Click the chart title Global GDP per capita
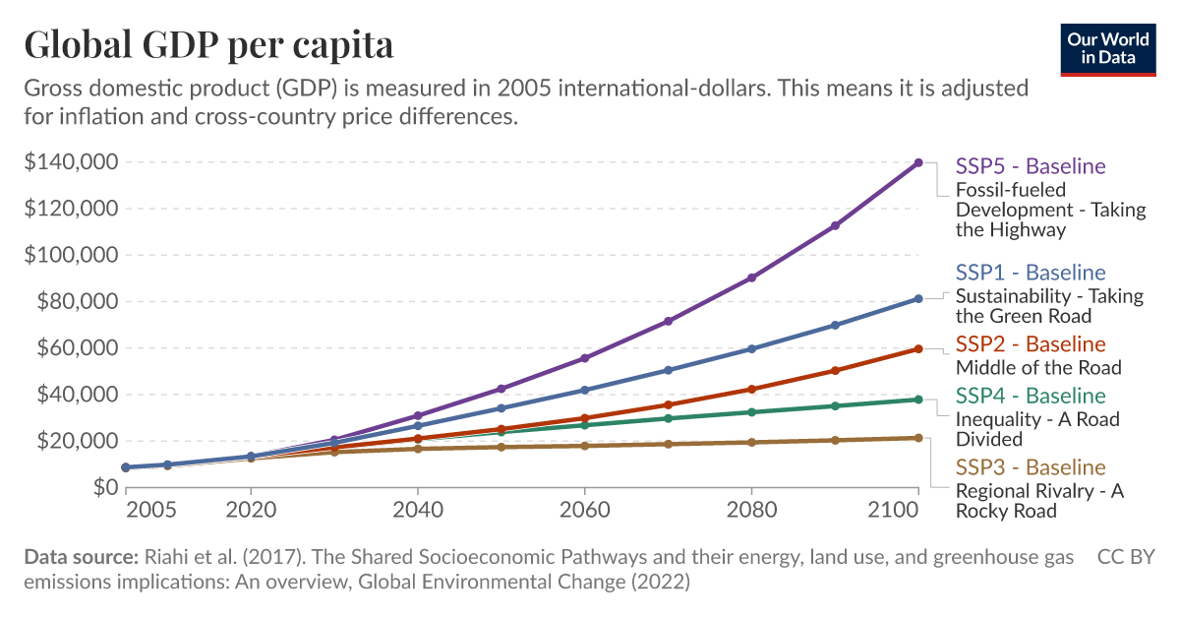coord(208,45)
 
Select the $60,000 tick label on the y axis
coord(75,348)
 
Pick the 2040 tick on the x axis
coord(418,512)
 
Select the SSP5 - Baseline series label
coord(1031,166)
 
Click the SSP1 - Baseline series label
coord(1031,273)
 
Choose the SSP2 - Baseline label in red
coord(1031,344)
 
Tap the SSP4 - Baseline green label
coord(1031,396)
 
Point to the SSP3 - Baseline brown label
coord(1031,467)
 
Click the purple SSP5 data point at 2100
coord(918,162)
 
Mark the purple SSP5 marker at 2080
coord(751,278)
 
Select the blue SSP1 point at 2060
coord(585,390)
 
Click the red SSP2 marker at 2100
coord(918,348)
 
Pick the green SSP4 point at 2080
coord(751,412)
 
